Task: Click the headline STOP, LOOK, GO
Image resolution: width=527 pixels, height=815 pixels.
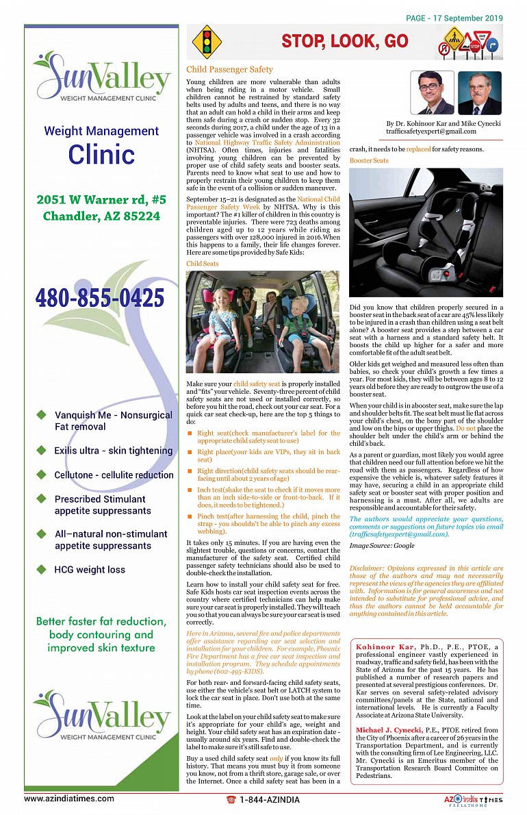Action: pyautogui.click(x=344, y=42)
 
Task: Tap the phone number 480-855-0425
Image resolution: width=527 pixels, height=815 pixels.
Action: pyautogui.click(x=100, y=298)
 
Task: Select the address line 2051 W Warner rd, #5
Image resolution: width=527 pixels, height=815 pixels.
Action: pyautogui.click(x=101, y=200)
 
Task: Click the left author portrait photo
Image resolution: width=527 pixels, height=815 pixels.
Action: pyautogui.click(x=433, y=92)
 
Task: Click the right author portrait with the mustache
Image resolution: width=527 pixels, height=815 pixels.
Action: pyautogui.click(x=479, y=92)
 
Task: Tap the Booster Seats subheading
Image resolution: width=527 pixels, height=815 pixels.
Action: pyautogui.click(x=369, y=161)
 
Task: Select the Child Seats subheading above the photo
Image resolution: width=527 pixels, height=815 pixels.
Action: pyautogui.click(x=203, y=264)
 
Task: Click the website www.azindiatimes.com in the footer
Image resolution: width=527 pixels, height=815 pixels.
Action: pyautogui.click(x=69, y=799)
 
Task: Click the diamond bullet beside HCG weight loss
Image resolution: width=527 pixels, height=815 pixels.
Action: pyautogui.click(x=41, y=569)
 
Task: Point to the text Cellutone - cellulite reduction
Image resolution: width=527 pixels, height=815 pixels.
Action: pyautogui.click(x=114, y=475)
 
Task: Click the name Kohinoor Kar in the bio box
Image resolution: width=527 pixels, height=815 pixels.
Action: pyautogui.click(x=385, y=647)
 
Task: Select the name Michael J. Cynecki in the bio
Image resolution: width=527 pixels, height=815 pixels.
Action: pyautogui.click(x=388, y=731)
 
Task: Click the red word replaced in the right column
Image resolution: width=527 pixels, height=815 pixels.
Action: pyautogui.click(x=418, y=149)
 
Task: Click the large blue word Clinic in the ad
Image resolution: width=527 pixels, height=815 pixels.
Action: pyautogui.click(x=101, y=155)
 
